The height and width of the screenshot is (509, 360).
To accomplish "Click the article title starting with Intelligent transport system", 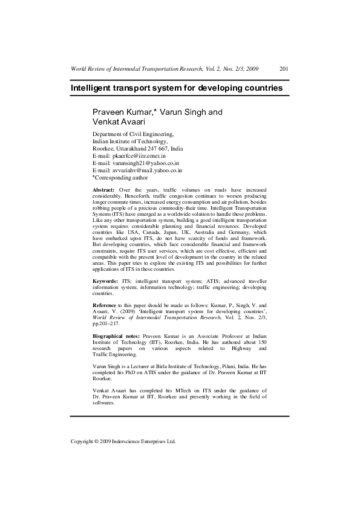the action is click(177, 88).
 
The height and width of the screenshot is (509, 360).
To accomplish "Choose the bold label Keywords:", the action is click(105, 281).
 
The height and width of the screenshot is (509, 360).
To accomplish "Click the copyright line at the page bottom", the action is click(123, 442).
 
